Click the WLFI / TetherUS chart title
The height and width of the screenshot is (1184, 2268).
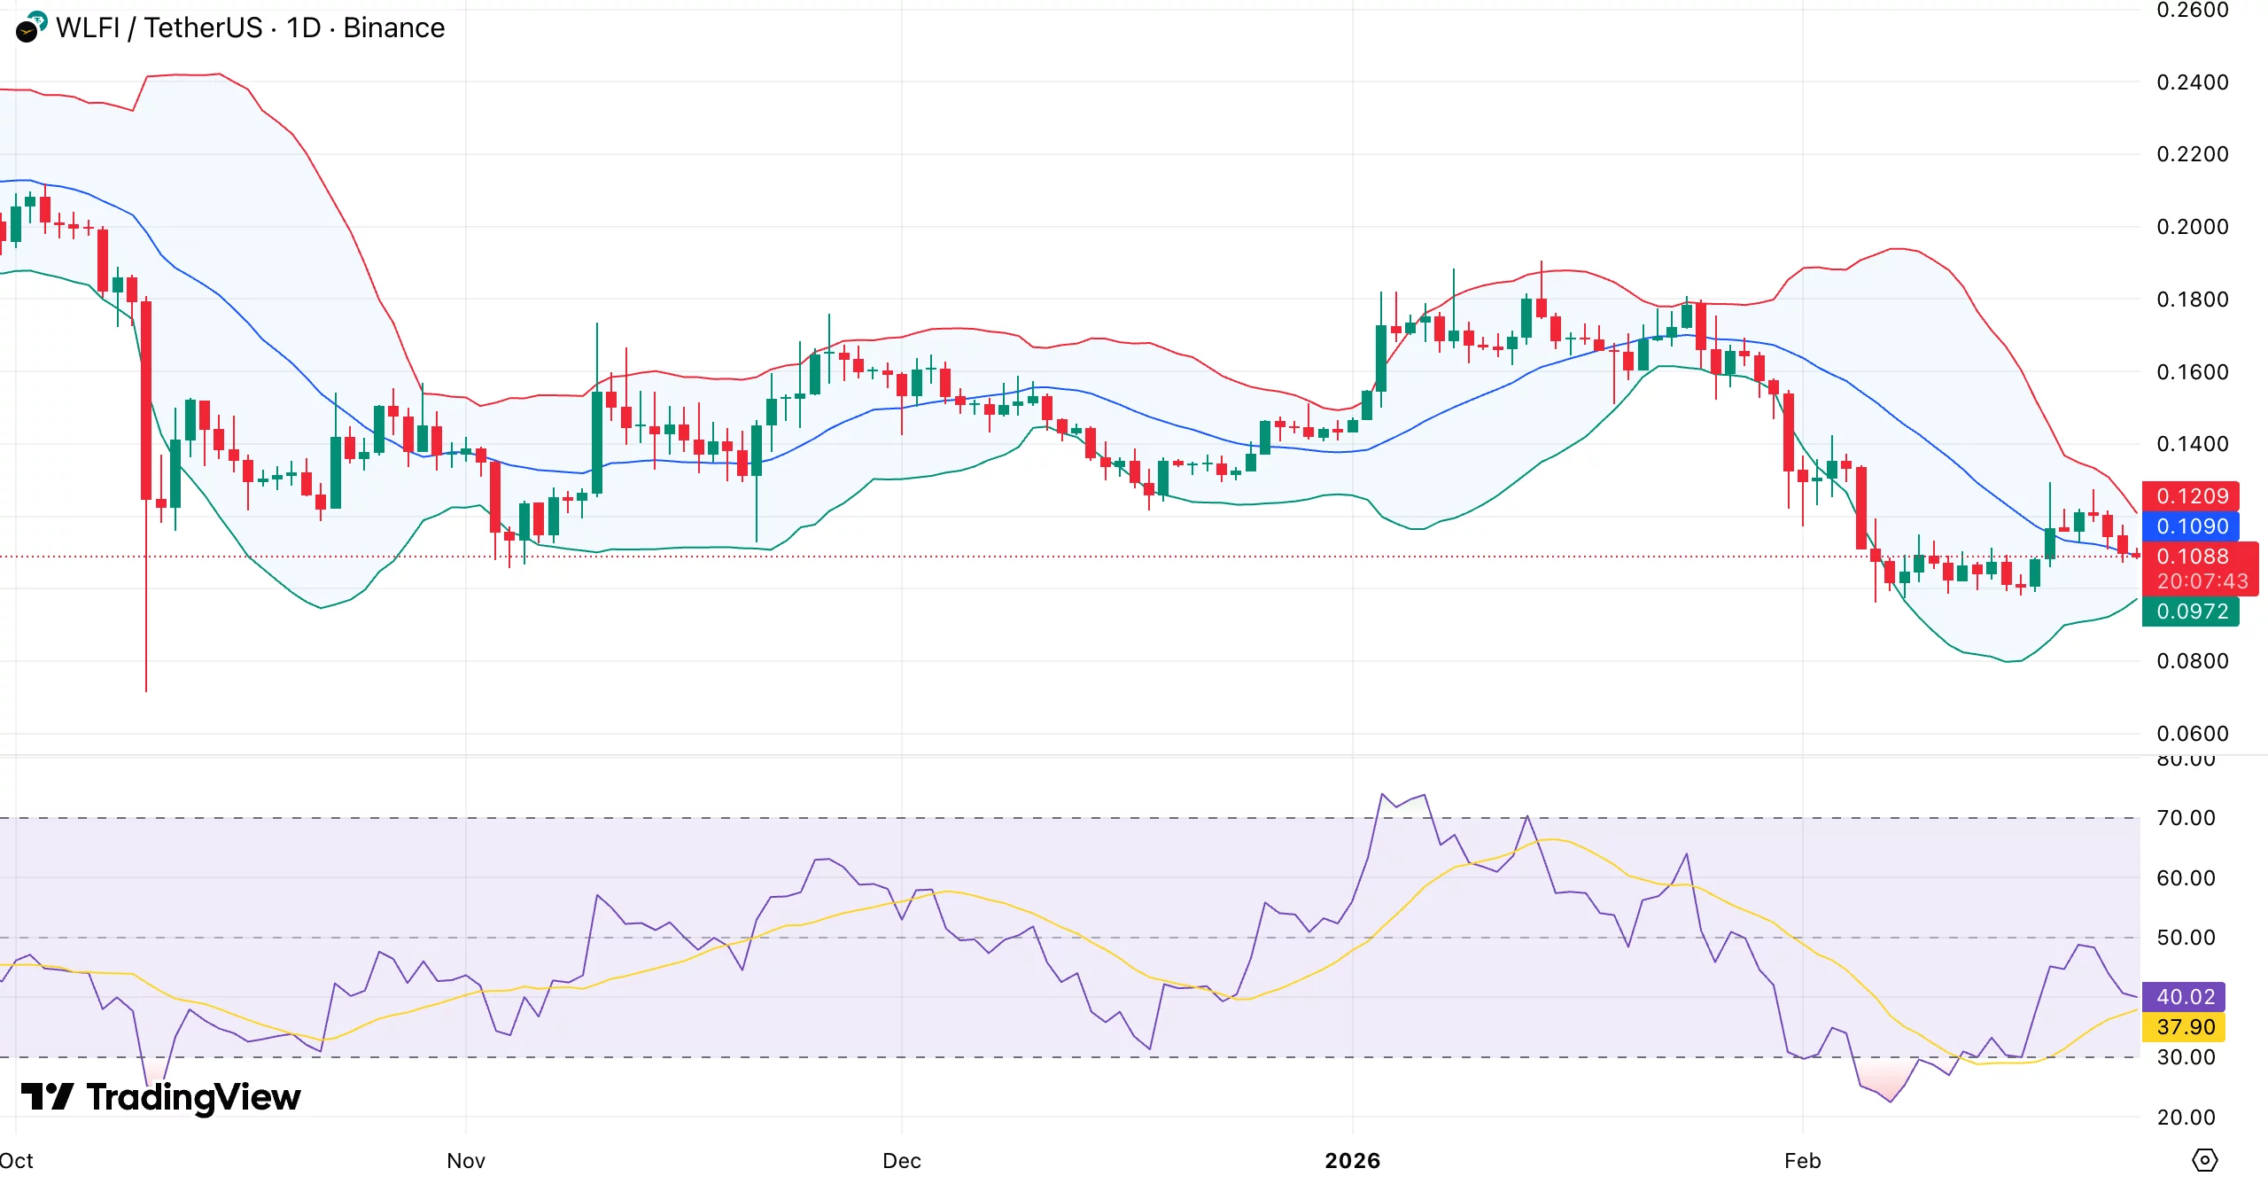pos(250,28)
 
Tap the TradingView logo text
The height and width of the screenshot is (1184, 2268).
pos(193,1097)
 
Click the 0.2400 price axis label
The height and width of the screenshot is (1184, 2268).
pos(2192,82)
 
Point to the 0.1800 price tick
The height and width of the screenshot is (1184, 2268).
pos(2192,300)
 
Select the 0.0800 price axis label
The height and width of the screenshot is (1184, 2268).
pos(2192,661)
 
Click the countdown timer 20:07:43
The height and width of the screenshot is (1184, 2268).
pos(2201,581)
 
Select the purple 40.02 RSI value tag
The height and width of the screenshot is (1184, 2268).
pos(2184,997)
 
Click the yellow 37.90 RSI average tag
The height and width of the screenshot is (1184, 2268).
pos(2184,1027)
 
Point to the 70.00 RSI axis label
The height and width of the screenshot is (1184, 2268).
pos(2185,818)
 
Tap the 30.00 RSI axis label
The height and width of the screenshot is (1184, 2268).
pos(2185,1057)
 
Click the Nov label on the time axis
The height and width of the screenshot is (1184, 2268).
pos(466,1160)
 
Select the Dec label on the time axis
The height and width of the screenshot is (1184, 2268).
pos(902,1160)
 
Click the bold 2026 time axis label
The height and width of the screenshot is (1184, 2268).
pos(1352,1160)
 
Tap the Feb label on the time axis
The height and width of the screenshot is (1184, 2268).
pos(1802,1160)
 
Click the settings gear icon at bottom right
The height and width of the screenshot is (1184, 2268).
pos(2204,1159)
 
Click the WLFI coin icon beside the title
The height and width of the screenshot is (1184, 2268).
pos(31,27)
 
